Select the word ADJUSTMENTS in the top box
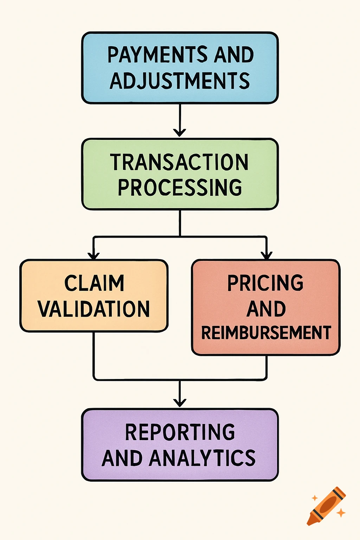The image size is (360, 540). point(180,81)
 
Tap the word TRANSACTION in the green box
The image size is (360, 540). point(180,162)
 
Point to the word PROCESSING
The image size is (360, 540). point(180,187)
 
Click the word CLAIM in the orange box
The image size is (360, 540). point(94,283)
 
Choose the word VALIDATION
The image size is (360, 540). point(94,309)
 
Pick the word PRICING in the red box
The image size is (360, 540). point(265,283)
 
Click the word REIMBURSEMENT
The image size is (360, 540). point(266,333)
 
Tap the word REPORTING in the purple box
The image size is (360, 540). point(180,432)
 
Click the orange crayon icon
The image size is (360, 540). point(326,506)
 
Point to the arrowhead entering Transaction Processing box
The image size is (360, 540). point(180,133)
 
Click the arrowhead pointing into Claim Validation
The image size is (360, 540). point(94,256)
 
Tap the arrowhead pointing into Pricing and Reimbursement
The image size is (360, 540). point(266,256)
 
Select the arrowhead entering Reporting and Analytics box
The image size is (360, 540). point(180,403)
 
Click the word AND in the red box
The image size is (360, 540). point(266,309)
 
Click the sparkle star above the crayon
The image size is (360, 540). point(314,498)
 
